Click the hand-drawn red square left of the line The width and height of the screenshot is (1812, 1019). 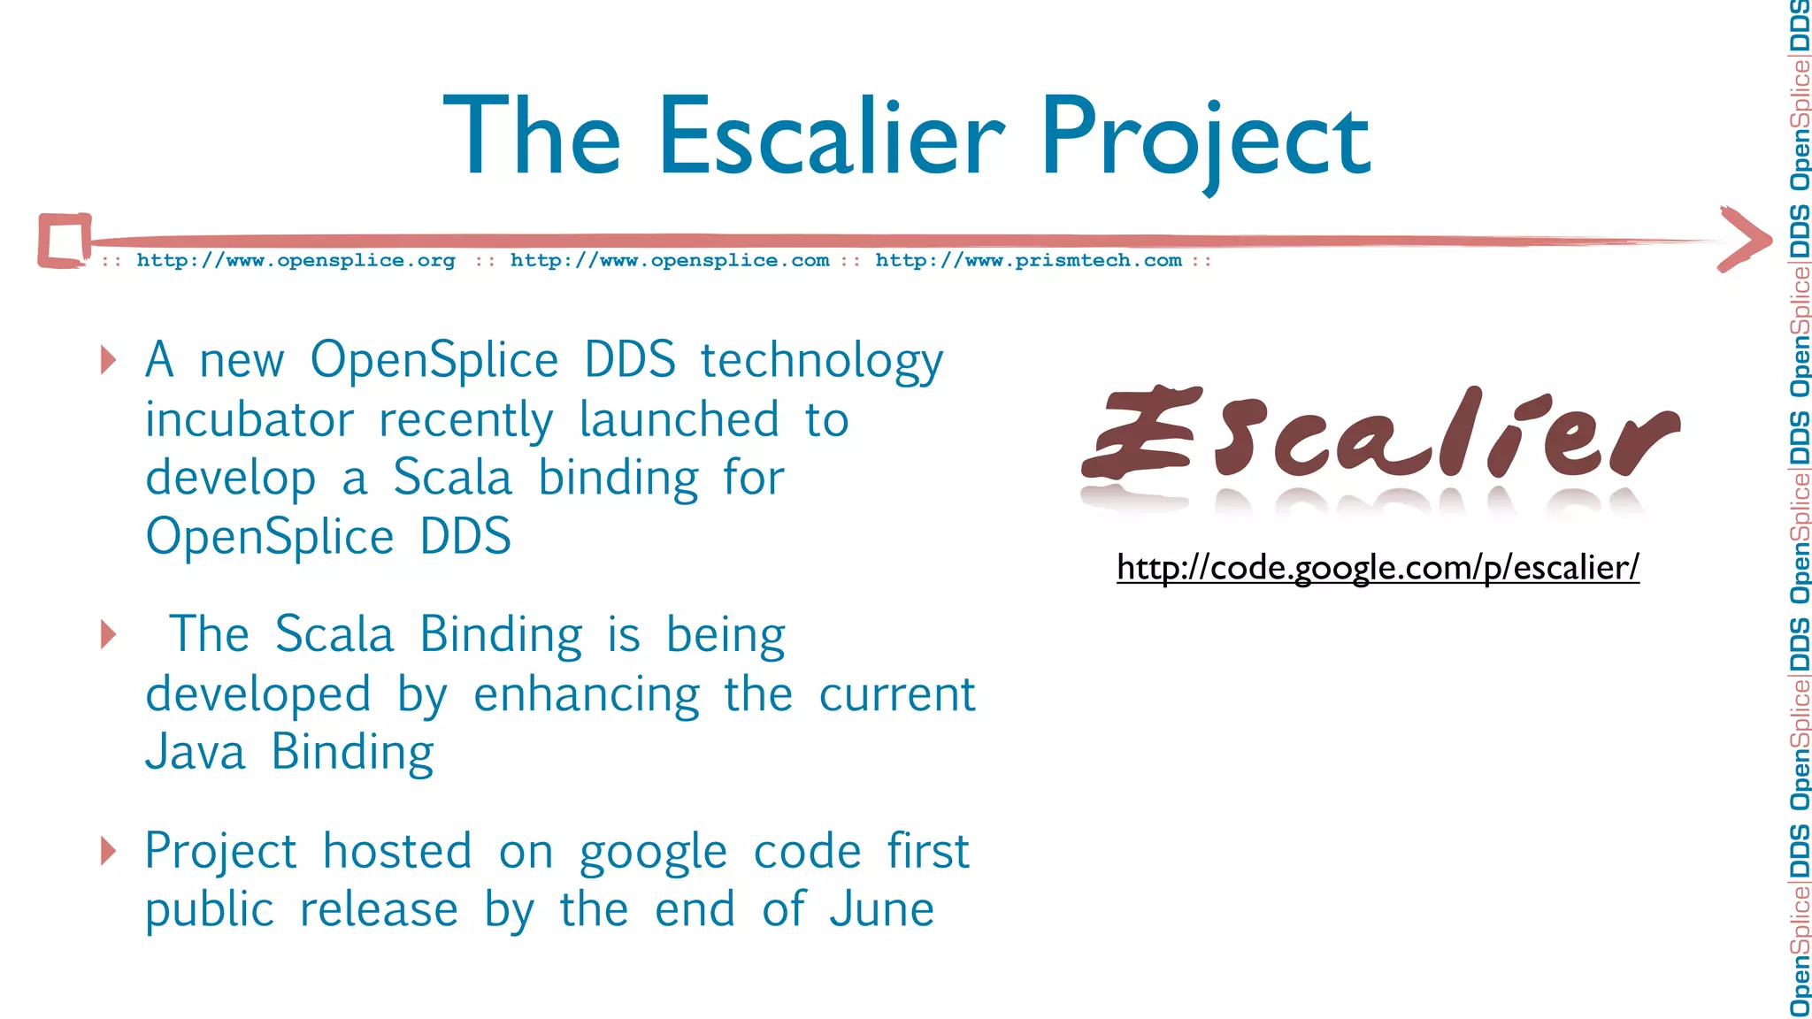tap(65, 240)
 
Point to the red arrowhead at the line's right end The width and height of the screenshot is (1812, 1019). tap(1745, 239)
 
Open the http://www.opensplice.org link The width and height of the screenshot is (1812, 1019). tap(296, 261)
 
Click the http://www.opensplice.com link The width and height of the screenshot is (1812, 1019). tap(670, 261)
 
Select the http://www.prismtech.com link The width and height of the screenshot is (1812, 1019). tap(1028, 261)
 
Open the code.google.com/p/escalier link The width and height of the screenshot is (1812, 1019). tap(1378, 567)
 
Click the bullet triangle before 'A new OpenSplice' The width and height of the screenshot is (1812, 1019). tap(109, 360)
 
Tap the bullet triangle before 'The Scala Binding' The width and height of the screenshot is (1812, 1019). tap(109, 634)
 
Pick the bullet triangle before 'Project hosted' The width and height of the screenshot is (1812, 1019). tap(109, 850)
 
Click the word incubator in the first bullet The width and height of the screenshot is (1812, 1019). tap(250, 419)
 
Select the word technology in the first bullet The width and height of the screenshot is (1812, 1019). tap(822, 361)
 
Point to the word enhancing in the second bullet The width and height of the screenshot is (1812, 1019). tap(587, 694)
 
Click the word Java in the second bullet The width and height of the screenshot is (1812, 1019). tap(195, 753)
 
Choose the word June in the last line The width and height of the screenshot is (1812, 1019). tap(881, 909)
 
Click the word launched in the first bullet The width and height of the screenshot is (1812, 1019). tap(679, 419)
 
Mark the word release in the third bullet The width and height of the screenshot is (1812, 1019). tap(379, 909)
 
